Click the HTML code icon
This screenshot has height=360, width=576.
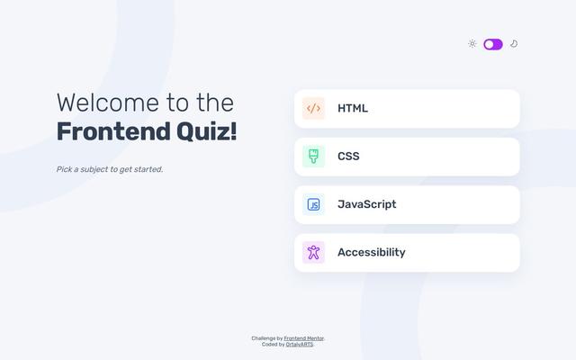[x=313, y=109]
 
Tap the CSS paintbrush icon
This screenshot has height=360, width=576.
[x=313, y=157]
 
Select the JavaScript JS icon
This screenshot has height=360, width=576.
[x=313, y=204]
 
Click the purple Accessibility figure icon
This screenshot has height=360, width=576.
[x=313, y=253]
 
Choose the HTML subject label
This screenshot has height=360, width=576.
[x=353, y=109]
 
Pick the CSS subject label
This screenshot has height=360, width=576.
[x=348, y=157]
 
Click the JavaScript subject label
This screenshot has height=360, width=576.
[x=366, y=204]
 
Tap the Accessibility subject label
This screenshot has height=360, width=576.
[x=371, y=253]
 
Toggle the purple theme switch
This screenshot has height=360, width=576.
[x=492, y=44]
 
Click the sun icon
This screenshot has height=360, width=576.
[x=472, y=44]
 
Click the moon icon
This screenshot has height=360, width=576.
[x=514, y=44]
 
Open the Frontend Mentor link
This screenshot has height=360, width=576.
[x=304, y=338]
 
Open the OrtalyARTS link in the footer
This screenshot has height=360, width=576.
[x=300, y=345]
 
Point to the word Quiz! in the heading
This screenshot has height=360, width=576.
[x=207, y=131]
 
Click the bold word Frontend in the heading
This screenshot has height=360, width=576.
[x=112, y=131]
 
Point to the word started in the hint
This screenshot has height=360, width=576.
[x=147, y=169]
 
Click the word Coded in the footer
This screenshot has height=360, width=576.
[x=270, y=345]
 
